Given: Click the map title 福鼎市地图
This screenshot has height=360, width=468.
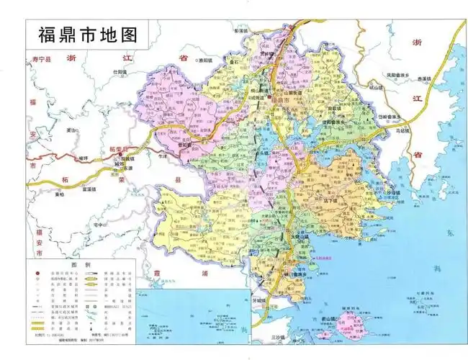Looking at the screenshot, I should click(85, 34).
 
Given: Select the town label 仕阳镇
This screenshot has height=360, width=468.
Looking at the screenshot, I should click(120, 72).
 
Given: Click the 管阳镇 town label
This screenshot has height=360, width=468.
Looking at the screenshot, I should click(192, 143).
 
